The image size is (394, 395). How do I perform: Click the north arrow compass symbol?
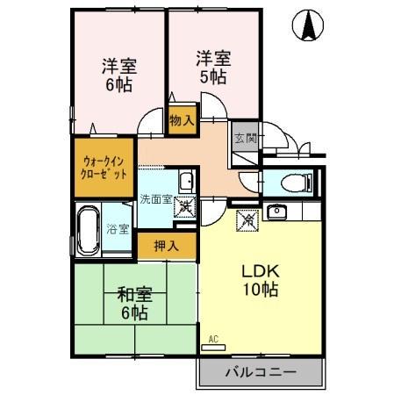pyautogui.click(x=309, y=26)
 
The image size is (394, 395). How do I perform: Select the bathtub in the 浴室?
pyautogui.click(x=88, y=229)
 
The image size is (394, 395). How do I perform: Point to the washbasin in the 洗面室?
pyautogui.click(x=186, y=183)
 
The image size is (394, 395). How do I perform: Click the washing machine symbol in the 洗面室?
pyautogui.click(x=187, y=209)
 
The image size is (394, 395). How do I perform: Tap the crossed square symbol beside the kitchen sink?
pyautogui.click(x=247, y=220)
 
